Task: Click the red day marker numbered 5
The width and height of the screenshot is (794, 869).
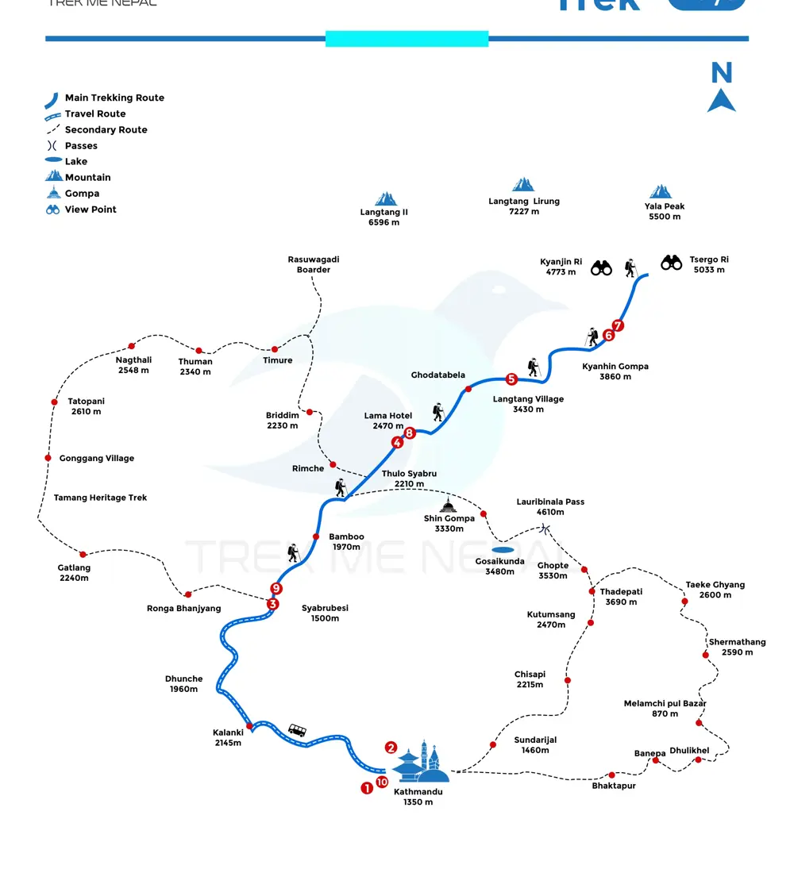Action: click(511, 379)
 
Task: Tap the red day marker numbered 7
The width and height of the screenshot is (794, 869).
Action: click(618, 325)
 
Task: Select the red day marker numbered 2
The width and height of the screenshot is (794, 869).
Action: click(391, 747)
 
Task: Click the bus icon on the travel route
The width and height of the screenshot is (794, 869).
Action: click(297, 730)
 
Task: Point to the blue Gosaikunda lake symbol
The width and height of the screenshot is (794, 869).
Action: click(502, 549)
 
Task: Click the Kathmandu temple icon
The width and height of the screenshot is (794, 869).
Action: click(421, 763)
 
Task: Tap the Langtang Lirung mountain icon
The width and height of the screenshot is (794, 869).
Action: click(523, 185)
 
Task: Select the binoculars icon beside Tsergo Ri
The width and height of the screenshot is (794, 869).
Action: click(672, 262)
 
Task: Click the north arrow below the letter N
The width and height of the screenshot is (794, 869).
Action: click(721, 101)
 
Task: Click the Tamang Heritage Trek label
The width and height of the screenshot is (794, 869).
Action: click(100, 498)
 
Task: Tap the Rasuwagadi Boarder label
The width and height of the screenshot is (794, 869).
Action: click(314, 264)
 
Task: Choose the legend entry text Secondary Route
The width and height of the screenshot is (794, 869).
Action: click(106, 129)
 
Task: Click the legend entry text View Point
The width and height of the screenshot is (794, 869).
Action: click(91, 210)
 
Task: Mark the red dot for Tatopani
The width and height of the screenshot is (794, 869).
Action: click(55, 402)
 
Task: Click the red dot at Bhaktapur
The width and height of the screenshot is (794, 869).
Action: click(612, 775)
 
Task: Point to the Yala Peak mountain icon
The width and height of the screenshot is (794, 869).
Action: click(661, 191)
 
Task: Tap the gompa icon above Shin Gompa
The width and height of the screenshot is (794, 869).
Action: click(449, 506)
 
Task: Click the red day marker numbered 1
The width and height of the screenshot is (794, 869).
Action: click(367, 788)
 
